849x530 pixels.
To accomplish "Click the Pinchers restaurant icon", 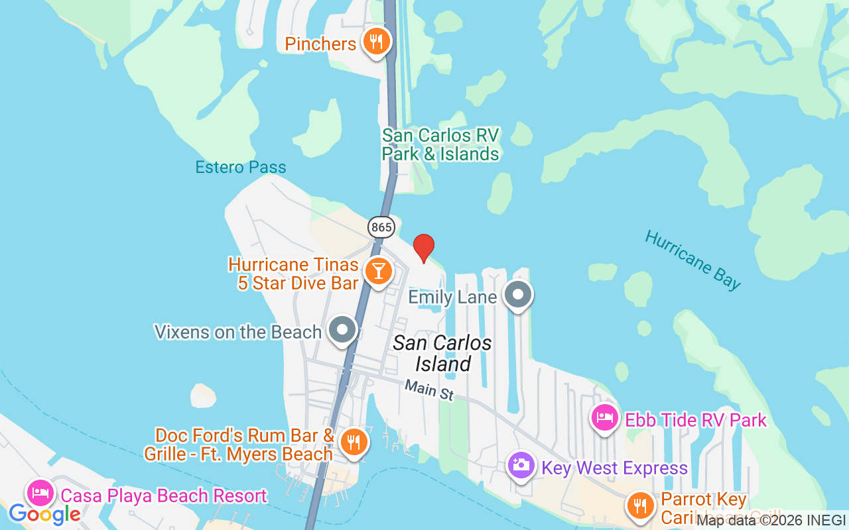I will [x=376, y=42].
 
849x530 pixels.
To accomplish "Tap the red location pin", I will [x=424, y=248].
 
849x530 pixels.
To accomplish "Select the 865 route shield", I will [x=381, y=227].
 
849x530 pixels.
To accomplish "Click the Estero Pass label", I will [x=241, y=167].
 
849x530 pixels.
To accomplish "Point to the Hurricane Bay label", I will [x=692, y=260].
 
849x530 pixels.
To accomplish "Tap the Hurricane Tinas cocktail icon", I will [x=378, y=271].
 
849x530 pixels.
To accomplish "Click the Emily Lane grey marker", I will [x=518, y=295].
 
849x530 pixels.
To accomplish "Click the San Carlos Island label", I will [x=442, y=353].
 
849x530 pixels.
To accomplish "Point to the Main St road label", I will [x=429, y=389].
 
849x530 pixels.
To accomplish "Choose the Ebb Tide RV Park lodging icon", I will [x=604, y=419].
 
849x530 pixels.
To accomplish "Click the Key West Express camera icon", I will [x=521, y=465].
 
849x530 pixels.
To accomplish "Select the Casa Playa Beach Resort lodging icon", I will [x=40, y=494].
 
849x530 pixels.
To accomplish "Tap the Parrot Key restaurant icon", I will [x=640, y=506].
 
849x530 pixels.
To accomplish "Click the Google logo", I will [x=44, y=514].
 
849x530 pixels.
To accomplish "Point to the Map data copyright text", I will [x=771, y=521].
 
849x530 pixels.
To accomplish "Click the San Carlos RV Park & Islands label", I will [x=440, y=144].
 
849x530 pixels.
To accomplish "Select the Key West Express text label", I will [x=614, y=468].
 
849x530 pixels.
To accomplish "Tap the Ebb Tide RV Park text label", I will [x=696, y=420].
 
